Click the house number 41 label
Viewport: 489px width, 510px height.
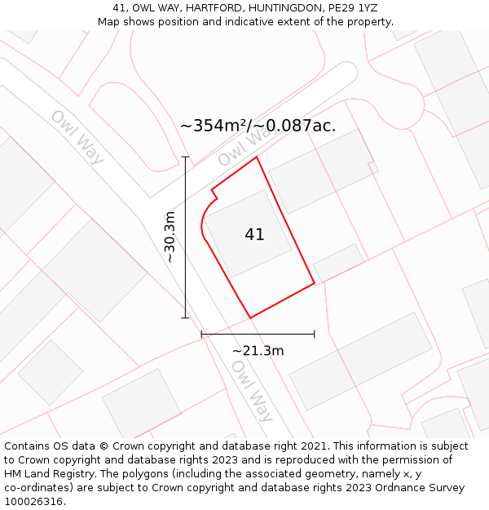pyautogui.click(x=254, y=234)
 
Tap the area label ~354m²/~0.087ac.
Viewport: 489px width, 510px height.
pyautogui.click(x=258, y=126)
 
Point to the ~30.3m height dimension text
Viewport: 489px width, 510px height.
pyautogui.click(x=170, y=237)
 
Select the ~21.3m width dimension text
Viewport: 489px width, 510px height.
pyautogui.click(x=258, y=351)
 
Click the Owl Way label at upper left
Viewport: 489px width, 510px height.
pyautogui.click(x=77, y=136)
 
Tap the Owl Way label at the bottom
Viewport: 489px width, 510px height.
pyautogui.click(x=252, y=391)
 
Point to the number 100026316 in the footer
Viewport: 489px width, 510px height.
pyautogui.click(x=33, y=502)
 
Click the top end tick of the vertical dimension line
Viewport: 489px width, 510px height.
pyautogui.click(x=185, y=157)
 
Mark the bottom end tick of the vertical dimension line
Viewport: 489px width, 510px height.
pyautogui.click(x=185, y=317)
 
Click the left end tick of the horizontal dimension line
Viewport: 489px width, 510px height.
pyautogui.click(x=201, y=334)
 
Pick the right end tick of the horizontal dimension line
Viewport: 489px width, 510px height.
pyautogui.click(x=315, y=334)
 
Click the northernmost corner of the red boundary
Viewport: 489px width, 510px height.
pyautogui.click(x=258, y=157)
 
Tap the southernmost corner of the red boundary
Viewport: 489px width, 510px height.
pyautogui.click(x=249, y=317)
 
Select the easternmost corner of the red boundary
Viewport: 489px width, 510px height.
pyautogui.click(x=315, y=284)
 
